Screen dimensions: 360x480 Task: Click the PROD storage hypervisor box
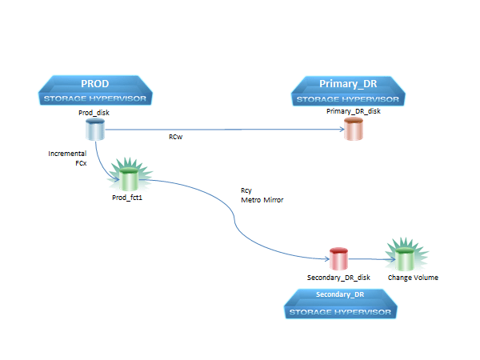[94, 90]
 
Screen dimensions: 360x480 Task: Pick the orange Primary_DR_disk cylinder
[353, 129]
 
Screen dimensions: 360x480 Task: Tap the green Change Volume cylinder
[406, 258]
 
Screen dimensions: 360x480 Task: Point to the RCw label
[175, 137]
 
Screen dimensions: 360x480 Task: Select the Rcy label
[246, 190]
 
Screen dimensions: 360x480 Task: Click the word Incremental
[67, 153]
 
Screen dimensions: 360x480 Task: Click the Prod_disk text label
[94, 113]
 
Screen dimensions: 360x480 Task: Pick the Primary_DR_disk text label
[354, 111]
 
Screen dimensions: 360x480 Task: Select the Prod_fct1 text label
[126, 196]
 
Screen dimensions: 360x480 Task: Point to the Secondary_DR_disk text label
[338, 278]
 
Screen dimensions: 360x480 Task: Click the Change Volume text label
[413, 278]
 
